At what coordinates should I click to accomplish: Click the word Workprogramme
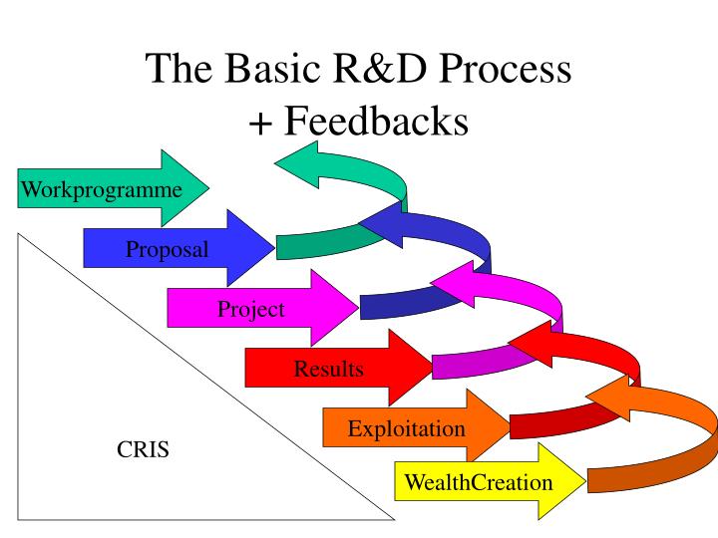[x=102, y=188]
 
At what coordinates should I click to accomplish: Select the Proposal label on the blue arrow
[x=167, y=249]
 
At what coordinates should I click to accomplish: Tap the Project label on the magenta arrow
[x=250, y=309]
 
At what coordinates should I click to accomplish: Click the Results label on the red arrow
[x=328, y=370]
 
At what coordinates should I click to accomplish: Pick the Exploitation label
[x=406, y=429]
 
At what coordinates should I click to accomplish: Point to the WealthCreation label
[x=477, y=483]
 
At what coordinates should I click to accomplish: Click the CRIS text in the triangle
[x=144, y=449]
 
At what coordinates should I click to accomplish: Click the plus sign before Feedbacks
[x=261, y=122]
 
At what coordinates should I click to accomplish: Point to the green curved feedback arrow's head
[x=304, y=165]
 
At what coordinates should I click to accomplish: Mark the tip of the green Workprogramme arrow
[x=207, y=187]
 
